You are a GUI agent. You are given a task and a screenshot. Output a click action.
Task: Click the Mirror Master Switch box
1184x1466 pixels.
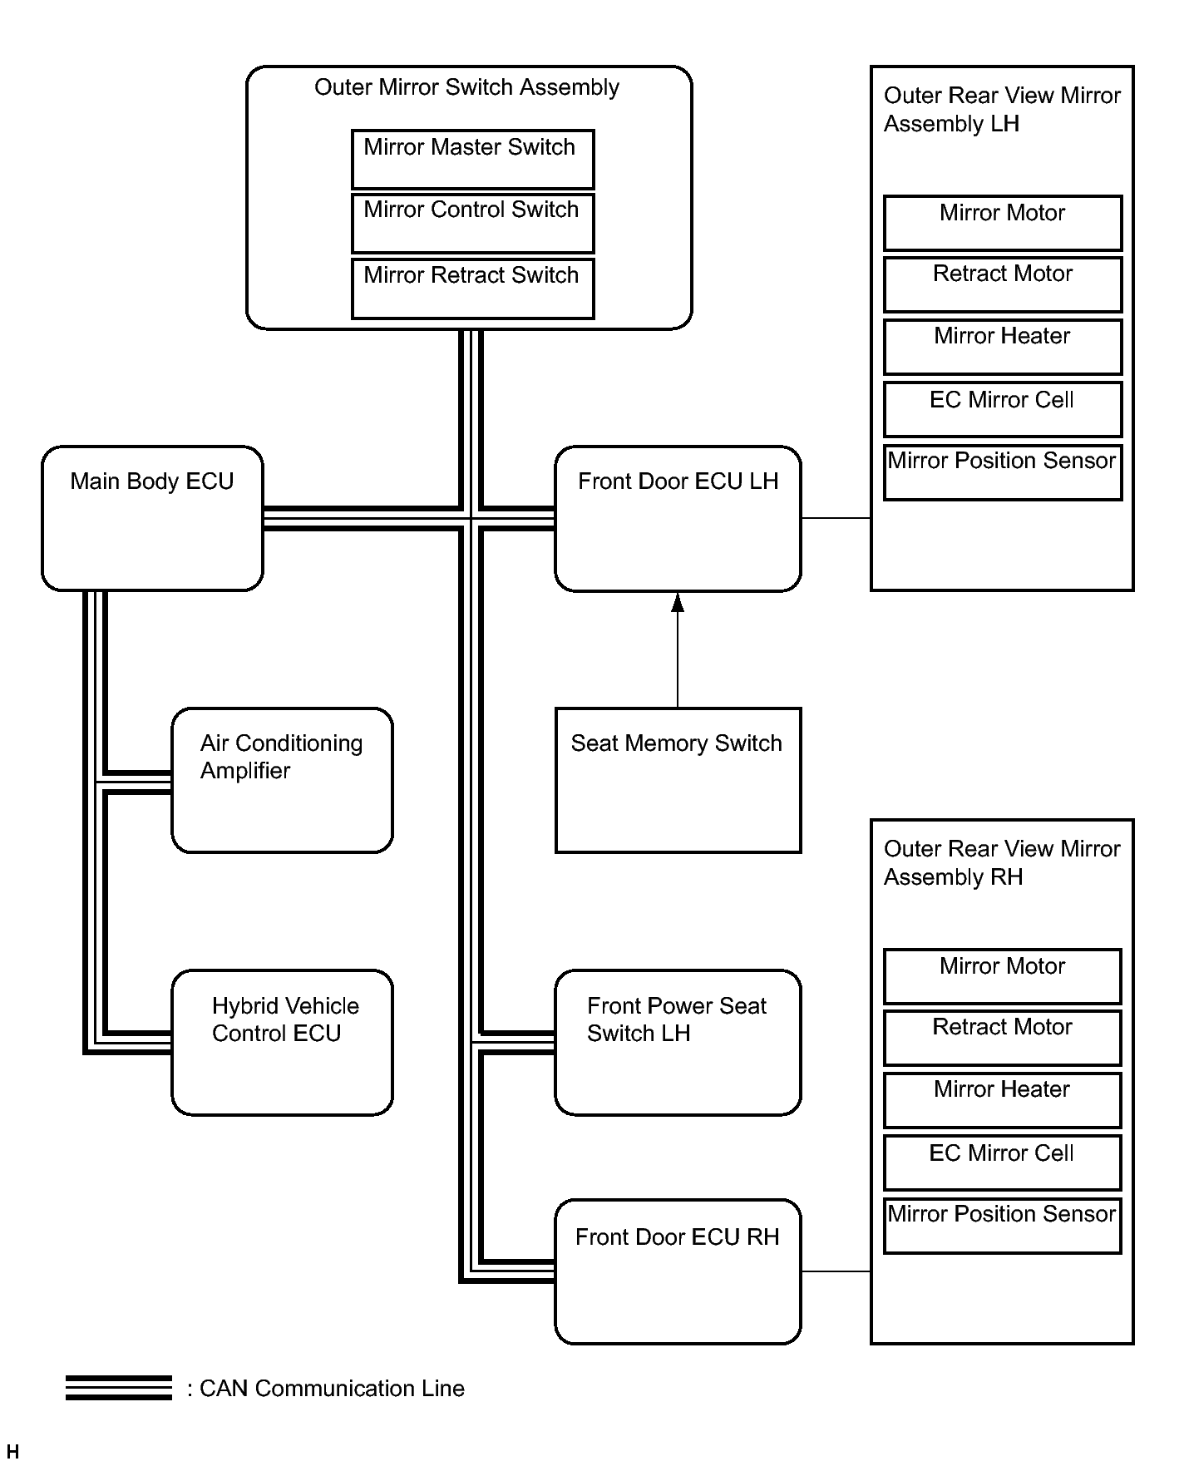click(x=472, y=159)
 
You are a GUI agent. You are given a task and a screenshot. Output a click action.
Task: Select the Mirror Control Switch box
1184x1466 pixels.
click(x=472, y=223)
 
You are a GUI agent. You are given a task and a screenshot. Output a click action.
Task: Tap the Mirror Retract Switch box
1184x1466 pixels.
click(x=472, y=289)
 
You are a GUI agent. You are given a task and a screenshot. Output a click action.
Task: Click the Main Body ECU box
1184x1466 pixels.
click(x=152, y=518)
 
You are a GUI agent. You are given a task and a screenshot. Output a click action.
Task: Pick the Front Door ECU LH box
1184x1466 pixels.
click(x=678, y=518)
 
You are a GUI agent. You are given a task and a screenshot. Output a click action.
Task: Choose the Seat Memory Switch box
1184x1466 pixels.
click(x=678, y=780)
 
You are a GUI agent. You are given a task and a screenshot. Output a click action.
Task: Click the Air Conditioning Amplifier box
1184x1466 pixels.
click(x=282, y=780)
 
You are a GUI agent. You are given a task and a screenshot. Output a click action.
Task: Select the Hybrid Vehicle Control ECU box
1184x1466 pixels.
click(x=282, y=1042)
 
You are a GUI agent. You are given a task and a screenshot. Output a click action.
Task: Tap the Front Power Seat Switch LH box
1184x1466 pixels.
click(x=678, y=1042)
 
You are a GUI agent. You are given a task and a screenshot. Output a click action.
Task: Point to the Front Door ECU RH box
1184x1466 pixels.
click(x=678, y=1271)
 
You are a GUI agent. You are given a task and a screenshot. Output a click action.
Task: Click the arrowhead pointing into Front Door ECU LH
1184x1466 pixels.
click(x=678, y=602)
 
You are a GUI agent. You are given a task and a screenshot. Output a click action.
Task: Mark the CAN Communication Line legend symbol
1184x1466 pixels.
click(x=119, y=1388)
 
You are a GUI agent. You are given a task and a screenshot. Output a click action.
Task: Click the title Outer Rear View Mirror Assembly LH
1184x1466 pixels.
click(x=1002, y=110)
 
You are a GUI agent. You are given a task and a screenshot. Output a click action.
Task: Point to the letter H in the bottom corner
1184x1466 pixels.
click(x=12, y=1452)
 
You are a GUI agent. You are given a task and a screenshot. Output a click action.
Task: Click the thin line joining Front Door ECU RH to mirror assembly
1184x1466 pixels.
click(x=836, y=1271)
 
